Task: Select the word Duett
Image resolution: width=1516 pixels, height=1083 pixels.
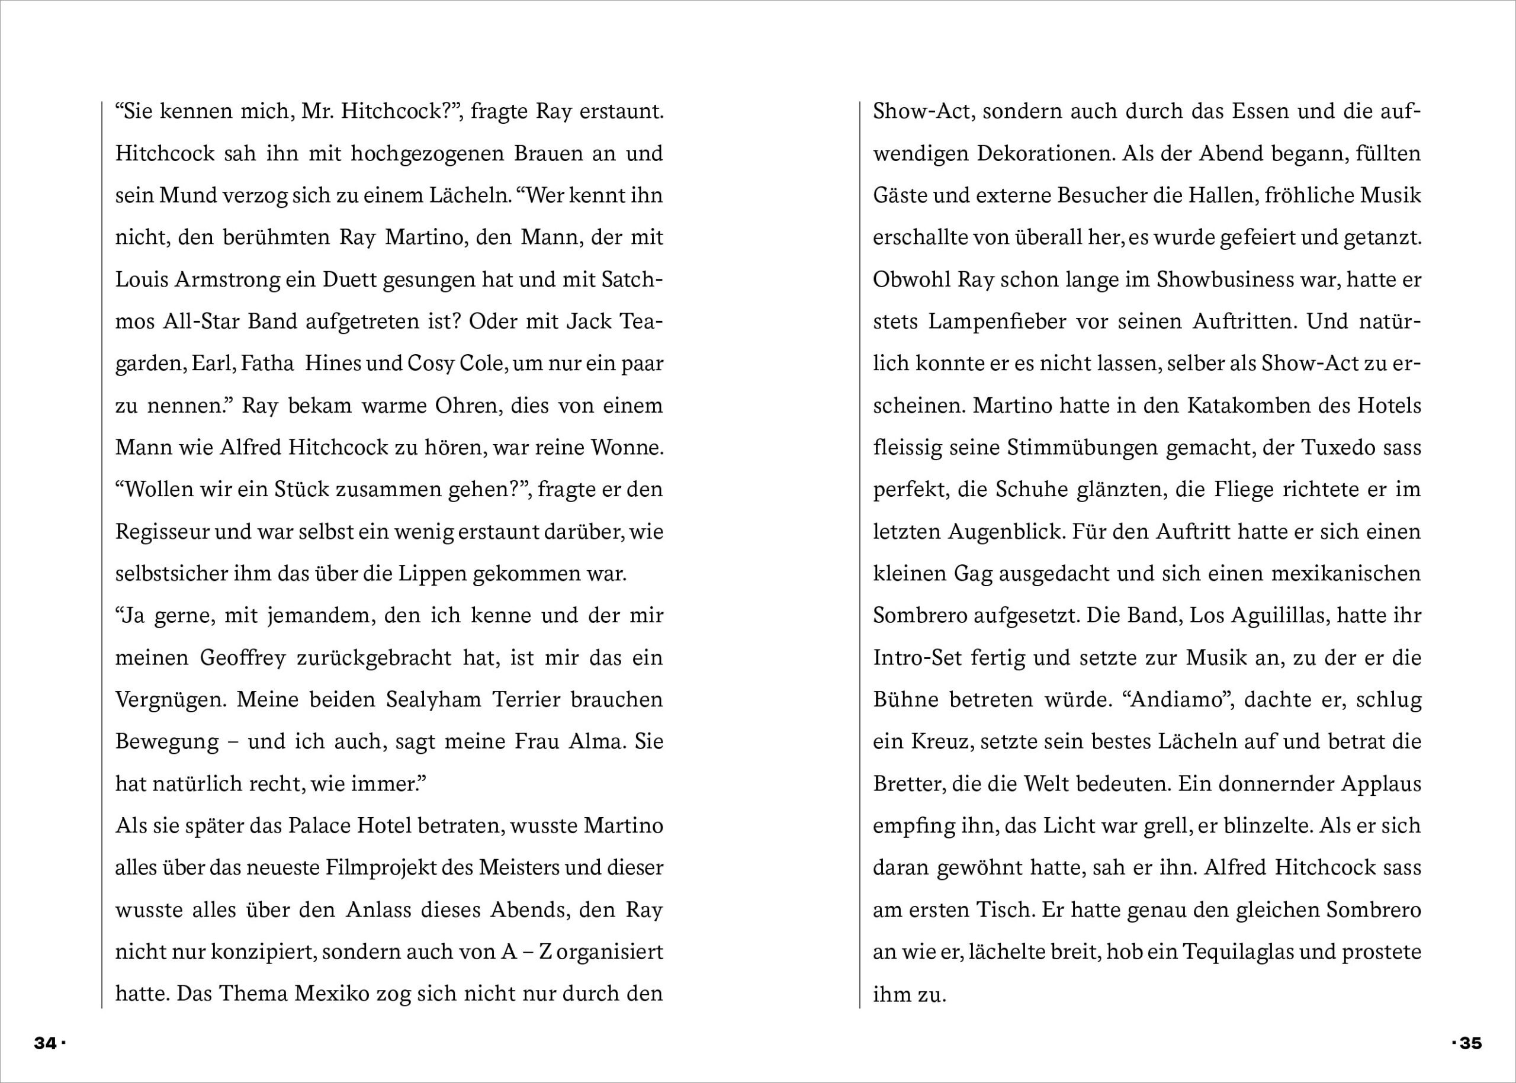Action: (x=349, y=279)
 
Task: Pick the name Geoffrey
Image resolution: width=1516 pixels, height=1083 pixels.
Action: (x=243, y=657)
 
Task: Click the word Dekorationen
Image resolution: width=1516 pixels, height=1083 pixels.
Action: (x=1046, y=153)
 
